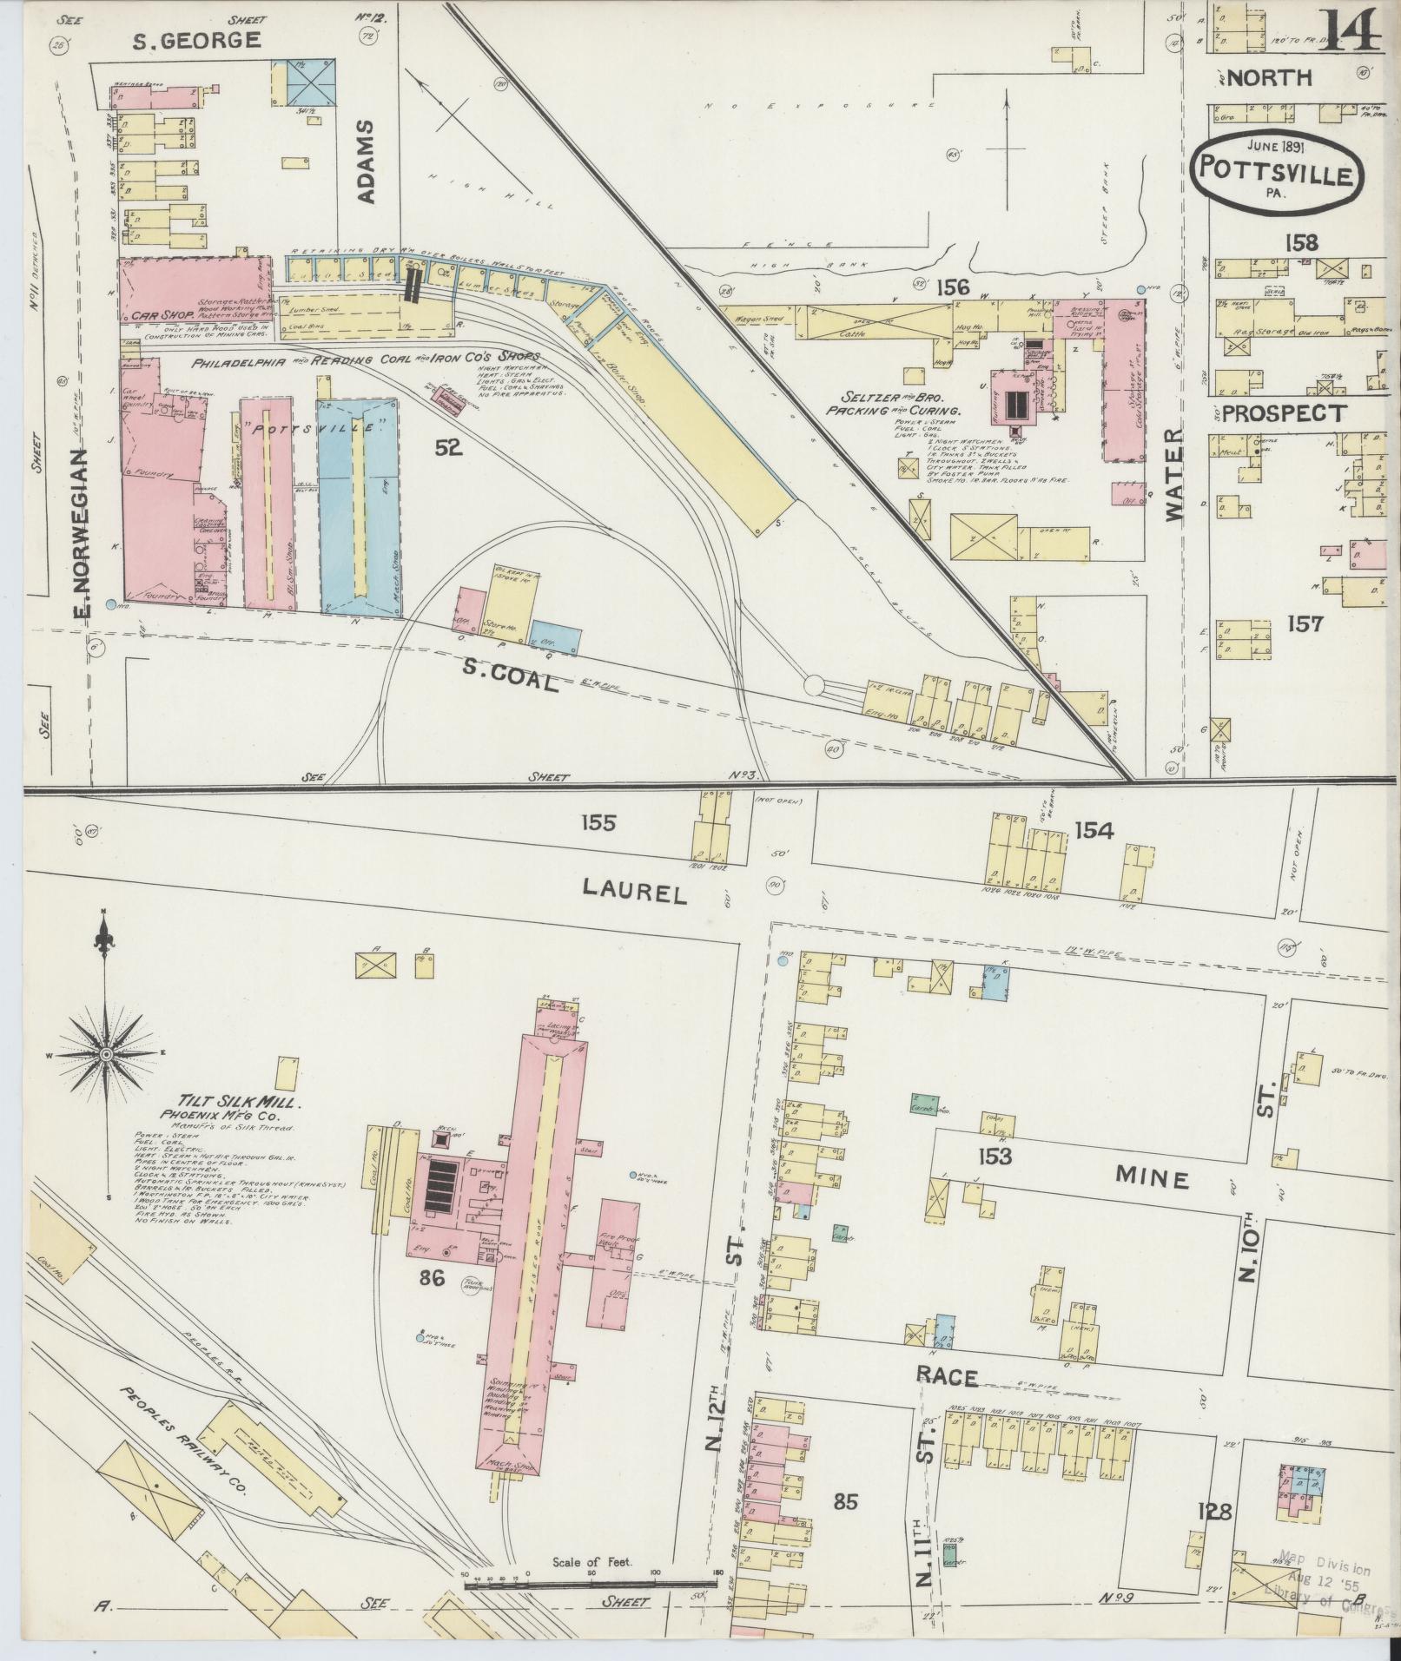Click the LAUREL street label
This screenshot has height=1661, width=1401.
click(x=634, y=890)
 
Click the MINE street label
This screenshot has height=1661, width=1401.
click(x=1152, y=1178)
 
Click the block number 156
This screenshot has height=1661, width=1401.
click(x=946, y=286)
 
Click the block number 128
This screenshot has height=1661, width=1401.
click(x=1213, y=1512)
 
